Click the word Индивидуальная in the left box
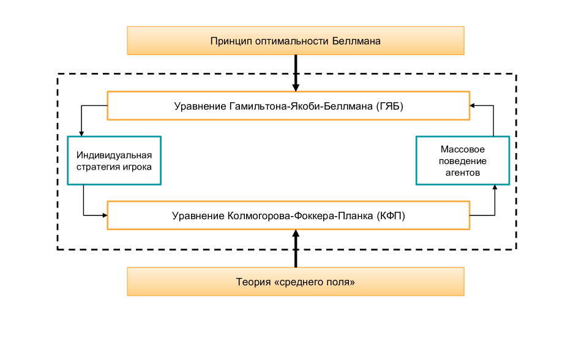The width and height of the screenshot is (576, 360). [x=114, y=155]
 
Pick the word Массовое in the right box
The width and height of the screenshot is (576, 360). [x=463, y=149]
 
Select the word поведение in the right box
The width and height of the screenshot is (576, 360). [x=463, y=161]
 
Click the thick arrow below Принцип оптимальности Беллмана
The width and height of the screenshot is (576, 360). [x=296, y=72]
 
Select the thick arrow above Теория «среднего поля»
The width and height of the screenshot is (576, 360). [x=296, y=249]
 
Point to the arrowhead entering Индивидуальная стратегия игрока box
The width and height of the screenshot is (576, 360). [x=82, y=133]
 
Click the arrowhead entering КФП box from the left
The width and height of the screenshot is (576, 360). [x=104, y=215]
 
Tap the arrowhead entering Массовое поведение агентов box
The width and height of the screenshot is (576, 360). [x=494, y=187]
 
